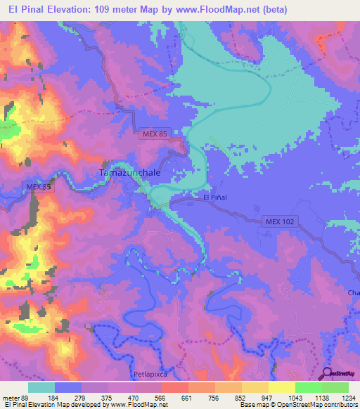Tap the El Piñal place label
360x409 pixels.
coord(216,198)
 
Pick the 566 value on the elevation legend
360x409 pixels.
coord(161,398)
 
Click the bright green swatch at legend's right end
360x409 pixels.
coord(335,387)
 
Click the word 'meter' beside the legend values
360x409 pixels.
coord(11,398)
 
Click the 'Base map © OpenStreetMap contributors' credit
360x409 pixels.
coord(298,405)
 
